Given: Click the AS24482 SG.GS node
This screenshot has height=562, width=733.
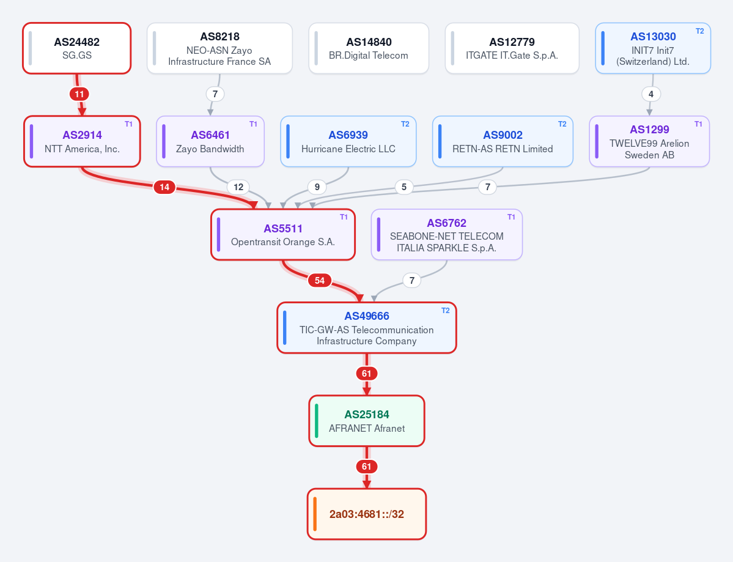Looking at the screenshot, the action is point(76,48).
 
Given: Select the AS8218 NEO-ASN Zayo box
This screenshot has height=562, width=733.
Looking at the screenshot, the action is point(219,48).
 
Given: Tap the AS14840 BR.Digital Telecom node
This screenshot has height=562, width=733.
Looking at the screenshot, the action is point(369,48).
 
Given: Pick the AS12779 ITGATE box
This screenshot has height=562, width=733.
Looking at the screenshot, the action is point(512,48).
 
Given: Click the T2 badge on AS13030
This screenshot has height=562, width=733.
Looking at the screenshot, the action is point(700,31).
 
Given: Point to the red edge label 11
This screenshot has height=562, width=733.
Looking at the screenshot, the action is point(79,94).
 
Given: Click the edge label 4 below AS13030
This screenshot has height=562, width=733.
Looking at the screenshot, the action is point(650,94).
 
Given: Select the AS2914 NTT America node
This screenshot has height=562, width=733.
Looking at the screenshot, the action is point(83,141).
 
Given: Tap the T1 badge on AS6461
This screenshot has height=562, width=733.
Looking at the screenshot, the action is point(253,124).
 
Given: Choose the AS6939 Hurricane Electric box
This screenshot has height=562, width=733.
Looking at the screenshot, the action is point(348,141).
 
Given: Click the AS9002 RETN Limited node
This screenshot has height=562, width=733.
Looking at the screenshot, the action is point(503,141).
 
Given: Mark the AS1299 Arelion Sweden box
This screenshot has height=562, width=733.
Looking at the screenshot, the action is point(649,141).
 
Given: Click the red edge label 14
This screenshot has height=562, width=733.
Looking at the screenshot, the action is point(164,187).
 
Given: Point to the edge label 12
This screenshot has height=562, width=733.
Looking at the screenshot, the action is point(238,187).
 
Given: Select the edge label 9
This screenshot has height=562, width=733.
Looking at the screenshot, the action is point(317,187).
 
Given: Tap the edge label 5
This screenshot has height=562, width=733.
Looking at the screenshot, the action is point(404,187).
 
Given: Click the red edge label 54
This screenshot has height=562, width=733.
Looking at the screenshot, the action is point(320,280).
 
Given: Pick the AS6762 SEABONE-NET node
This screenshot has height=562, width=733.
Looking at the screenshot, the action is point(446,234).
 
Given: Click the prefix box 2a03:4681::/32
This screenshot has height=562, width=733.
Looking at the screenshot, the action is point(367,514).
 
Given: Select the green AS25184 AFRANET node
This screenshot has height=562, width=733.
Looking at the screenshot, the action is point(367,421).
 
